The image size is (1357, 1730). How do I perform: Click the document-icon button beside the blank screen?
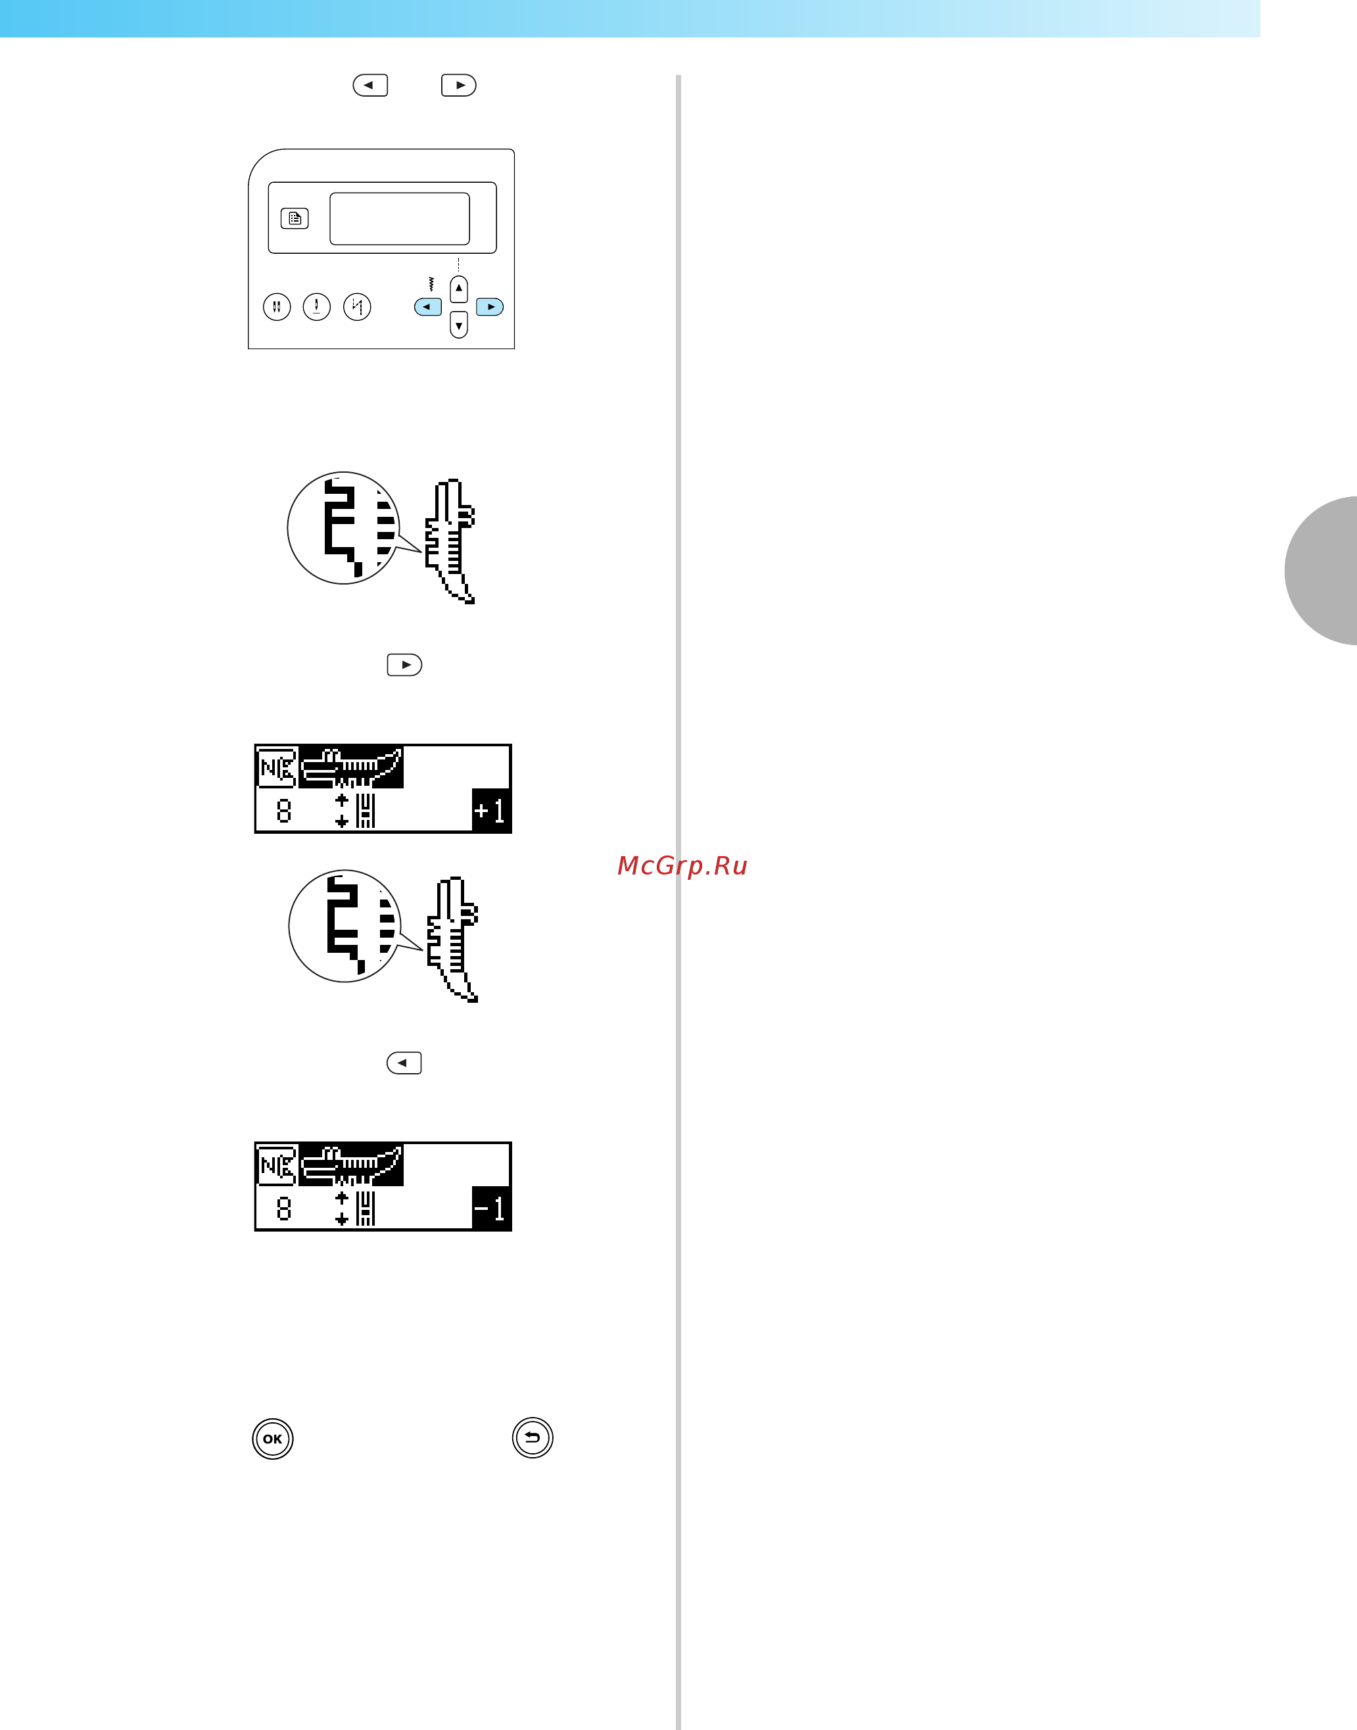pyautogui.click(x=295, y=218)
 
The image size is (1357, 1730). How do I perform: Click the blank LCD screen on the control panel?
pyautogui.click(x=400, y=218)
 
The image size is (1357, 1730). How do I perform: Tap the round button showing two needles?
pyautogui.click(x=277, y=306)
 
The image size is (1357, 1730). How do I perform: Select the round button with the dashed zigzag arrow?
pyautogui.click(x=357, y=306)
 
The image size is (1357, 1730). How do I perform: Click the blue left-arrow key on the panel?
pyautogui.click(x=428, y=306)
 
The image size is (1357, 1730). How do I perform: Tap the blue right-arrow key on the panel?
pyautogui.click(x=489, y=306)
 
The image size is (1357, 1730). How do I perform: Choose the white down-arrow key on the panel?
pyautogui.click(x=458, y=324)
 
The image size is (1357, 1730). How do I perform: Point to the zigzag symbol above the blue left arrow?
pyautogui.click(x=431, y=283)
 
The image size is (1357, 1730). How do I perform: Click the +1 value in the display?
pyautogui.click(x=490, y=811)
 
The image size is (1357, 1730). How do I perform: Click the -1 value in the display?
pyautogui.click(x=490, y=1209)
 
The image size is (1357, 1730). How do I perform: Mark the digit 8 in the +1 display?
pyautogui.click(x=283, y=811)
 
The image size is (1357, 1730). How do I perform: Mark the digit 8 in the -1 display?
pyautogui.click(x=283, y=1209)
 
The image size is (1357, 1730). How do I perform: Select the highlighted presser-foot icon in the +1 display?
pyautogui.click(x=351, y=767)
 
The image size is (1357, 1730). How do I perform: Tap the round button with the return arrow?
pyautogui.click(x=533, y=1437)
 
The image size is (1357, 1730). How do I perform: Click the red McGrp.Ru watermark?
pyautogui.click(x=682, y=865)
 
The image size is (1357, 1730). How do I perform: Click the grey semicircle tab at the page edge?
pyautogui.click(x=1321, y=571)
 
